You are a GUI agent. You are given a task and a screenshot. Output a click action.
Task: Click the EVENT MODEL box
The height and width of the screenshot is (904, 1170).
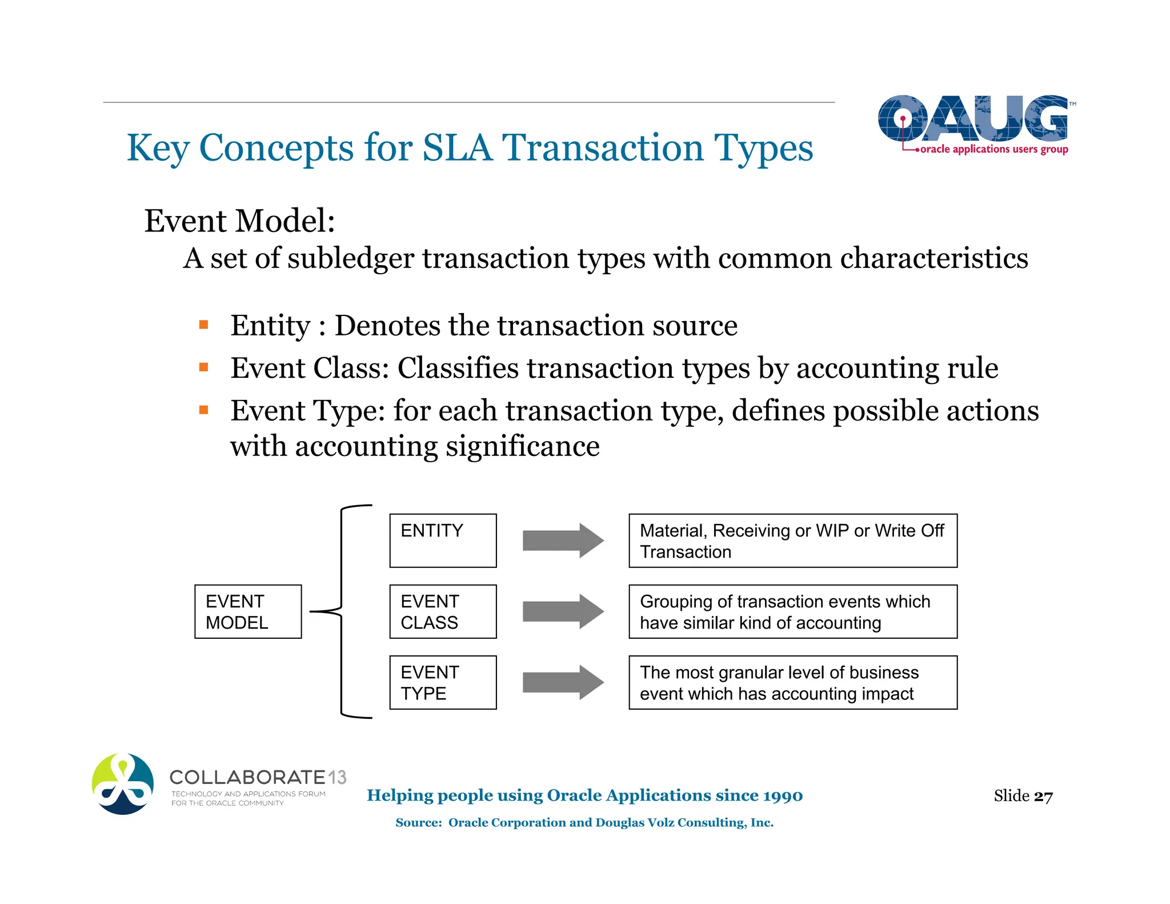coord(248,611)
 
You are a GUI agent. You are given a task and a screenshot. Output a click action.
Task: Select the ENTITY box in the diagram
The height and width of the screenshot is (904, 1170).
coord(443,541)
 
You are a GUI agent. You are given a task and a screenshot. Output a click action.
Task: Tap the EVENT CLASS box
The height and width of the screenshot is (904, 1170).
coord(443,611)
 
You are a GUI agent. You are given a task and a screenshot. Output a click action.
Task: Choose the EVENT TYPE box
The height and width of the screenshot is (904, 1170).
coord(443,682)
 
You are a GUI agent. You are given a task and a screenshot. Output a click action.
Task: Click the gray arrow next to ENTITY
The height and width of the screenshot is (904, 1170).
coord(563,541)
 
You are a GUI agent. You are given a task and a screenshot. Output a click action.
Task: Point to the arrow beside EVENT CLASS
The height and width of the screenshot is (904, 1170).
coord(563,611)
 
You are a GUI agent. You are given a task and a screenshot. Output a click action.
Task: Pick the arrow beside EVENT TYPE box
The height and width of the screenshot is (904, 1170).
coord(563,682)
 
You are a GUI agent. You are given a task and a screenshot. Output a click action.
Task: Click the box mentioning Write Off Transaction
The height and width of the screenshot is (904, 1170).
coord(793,541)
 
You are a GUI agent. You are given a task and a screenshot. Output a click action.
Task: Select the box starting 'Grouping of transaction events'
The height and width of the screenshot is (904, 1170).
coord(793,611)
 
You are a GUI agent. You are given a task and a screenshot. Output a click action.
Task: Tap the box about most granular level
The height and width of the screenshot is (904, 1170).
coord(793,682)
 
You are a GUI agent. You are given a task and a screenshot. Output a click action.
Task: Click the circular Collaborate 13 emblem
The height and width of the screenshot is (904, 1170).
coord(123,784)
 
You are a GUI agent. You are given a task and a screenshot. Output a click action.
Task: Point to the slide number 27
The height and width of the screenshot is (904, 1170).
coord(1043,796)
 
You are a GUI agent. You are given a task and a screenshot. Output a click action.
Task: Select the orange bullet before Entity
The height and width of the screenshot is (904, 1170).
coord(203,325)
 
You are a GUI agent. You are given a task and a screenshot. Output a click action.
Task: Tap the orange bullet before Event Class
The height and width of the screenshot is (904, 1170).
coord(203,367)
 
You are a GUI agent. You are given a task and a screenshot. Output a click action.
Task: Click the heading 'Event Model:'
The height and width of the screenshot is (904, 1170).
coord(239,221)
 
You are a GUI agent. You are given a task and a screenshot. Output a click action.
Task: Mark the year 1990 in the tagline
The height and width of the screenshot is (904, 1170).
coord(783,795)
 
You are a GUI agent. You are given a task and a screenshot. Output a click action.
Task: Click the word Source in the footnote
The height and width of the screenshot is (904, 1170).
coord(418,823)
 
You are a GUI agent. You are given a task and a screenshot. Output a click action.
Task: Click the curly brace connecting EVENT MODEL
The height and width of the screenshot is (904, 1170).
coord(341,611)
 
